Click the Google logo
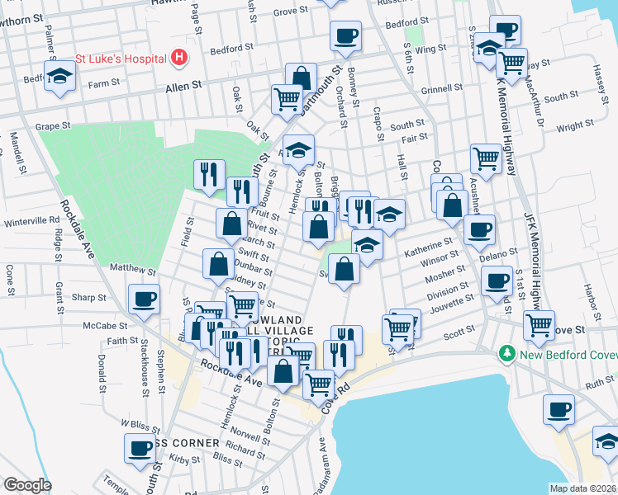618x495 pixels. pyautogui.click(x=27, y=484)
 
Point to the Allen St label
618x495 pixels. pyautogui.click(x=184, y=85)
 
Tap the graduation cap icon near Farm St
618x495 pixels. pyautogui.click(x=59, y=77)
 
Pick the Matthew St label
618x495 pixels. pyautogui.click(x=132, y=270)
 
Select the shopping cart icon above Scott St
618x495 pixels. pyautogui.click(x=398, y=328)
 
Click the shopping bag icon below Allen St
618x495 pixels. pyautogui.click(x=302, y=79)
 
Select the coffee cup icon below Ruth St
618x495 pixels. pyautogui.click(x=559, y=409)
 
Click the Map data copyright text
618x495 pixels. pyautogui.click(x=582, y=488)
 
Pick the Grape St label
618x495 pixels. pyautogui.click(x=54, y=127)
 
